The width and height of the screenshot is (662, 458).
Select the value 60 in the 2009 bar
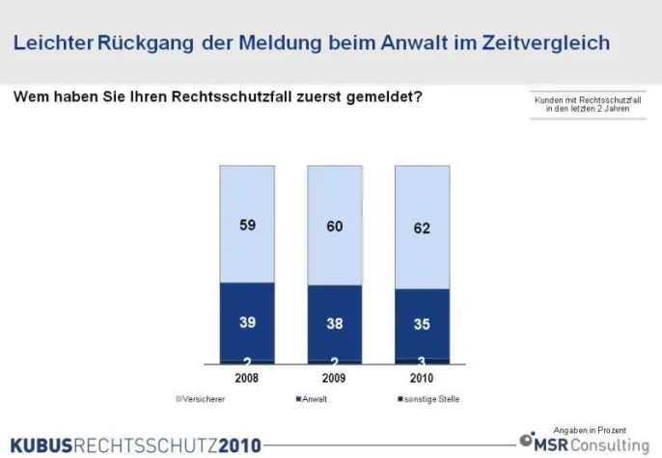(x=335, y=227)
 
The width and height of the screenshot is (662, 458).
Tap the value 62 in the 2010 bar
(x=422, y=229)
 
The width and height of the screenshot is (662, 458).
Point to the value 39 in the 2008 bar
(x=247, y=322)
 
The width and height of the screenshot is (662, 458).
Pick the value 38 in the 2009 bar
(x=335, y=324)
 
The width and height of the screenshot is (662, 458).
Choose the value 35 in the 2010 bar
(x=422, y=325)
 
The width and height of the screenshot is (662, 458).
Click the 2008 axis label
(x=247, y=378)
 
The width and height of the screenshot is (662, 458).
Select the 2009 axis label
(x=335, y=378)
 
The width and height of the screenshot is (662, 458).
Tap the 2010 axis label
(x=422, y=378)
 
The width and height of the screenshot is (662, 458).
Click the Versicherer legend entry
(x=202, y=398)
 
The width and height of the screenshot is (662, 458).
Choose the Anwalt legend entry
(x=310, y=398)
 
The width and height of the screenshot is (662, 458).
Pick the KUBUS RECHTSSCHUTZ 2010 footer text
(x=136, y=445)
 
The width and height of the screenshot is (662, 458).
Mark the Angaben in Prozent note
(x=590, y=429)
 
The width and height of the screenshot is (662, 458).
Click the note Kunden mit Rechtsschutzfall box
(x=588, y=105)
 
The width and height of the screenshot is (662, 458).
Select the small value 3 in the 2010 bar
(x=422, y=361)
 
